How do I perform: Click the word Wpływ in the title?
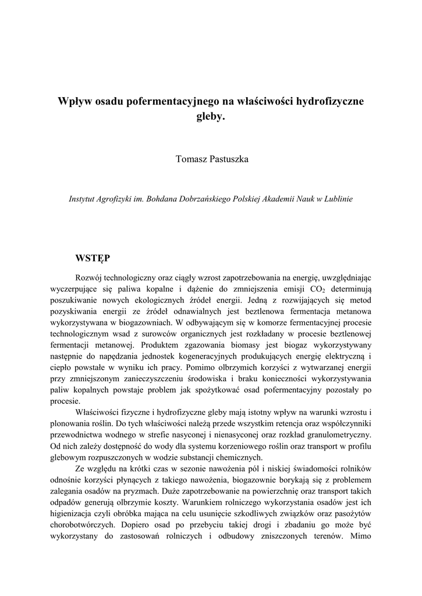point(74,101)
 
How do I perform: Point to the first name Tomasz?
point(189,159)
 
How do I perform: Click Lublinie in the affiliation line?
point(338,198)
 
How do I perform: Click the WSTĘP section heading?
point(93,257)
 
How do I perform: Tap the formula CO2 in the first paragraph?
point(315,289)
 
